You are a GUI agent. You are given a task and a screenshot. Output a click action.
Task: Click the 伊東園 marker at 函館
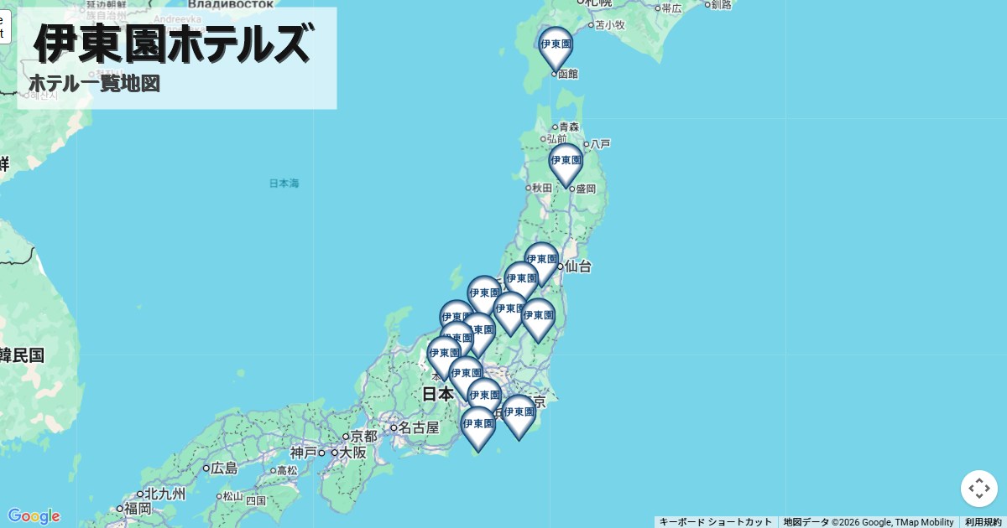[x=556, y=46]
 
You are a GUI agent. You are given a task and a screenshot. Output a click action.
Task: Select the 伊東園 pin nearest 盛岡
[x=566, y=163]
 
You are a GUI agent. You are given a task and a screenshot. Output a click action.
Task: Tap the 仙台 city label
[x=577, y=267]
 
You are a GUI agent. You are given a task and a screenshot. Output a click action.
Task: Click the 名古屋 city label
[x=418, y=427]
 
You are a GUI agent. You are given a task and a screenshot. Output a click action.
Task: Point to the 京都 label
[x=364, y=436]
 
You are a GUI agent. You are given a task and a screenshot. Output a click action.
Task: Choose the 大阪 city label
[x=353, y=453]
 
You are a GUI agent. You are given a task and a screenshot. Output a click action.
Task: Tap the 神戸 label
[x=304, y=453]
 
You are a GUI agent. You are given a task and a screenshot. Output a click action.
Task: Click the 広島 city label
[x=225, y=468]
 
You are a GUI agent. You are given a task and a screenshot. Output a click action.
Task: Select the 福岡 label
[x=138, y=508]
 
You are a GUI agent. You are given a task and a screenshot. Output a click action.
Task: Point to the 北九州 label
[x=164, y=494]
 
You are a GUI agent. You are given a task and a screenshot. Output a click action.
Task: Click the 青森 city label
[x=568, y=127]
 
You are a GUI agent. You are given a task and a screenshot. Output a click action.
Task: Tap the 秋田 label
[x=542, y=188]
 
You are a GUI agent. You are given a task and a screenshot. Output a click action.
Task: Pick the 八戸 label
[x=600, y=144]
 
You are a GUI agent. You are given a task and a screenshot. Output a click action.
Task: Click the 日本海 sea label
[x=284, y=183]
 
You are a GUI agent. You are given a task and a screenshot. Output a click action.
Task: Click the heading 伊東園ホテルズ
[x=172, y=44]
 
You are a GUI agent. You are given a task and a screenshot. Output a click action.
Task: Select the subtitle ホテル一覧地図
[x=94, y=84]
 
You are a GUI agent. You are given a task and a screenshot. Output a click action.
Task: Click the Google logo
[x=34, y=515]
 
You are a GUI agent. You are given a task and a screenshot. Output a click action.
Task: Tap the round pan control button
[x=978, y=489]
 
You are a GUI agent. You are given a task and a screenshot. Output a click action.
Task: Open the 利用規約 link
[x=983, y=522]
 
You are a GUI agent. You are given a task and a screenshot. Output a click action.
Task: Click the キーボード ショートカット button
[x=715, y=522]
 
